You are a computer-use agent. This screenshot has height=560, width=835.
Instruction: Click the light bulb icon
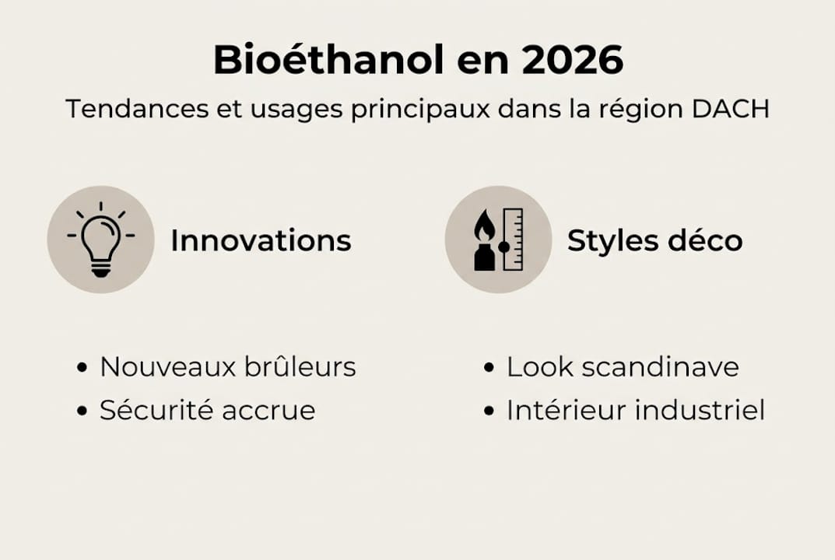(101, 240)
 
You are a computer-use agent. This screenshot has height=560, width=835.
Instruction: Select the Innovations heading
(261, 240)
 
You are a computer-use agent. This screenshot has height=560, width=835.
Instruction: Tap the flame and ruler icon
(498, 240)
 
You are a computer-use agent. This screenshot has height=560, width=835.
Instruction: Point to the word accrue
(268, 411)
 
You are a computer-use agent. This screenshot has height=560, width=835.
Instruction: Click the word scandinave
(661, 366)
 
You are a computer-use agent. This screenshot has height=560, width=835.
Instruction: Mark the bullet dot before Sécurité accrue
(82, 411)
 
